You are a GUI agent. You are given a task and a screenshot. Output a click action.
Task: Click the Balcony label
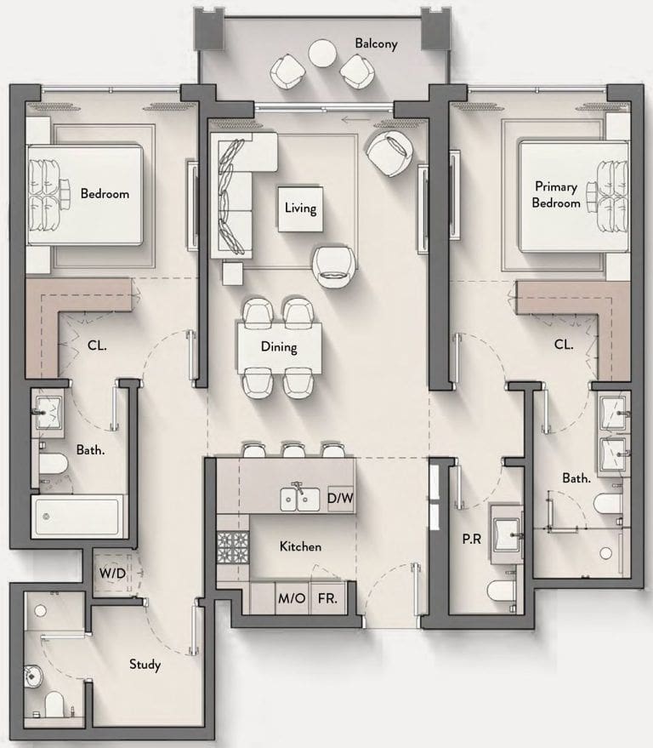pyautogui.click(x=376, y=43)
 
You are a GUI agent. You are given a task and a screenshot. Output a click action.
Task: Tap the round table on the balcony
pyautogui.click(x=323, y=53)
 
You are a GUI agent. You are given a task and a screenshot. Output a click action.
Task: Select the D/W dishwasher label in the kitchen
pyautogui.click(x=340, y=498)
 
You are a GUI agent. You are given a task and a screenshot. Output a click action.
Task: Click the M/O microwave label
pyautogui.click(x=292, y=597)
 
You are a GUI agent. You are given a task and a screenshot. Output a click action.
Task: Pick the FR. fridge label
pyautogui.click(x=327, y=597)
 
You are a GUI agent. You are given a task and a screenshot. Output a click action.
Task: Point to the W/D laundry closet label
pyautogui.click(x=112, y=573)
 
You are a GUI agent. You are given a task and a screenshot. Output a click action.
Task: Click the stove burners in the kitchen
pyautogui.click(x=233, y=546)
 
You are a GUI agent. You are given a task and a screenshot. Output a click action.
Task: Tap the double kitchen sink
pyautogui.click(x=300, y=499)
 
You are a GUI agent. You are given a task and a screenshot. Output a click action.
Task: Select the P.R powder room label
pyautogui.click(x=471, y=539)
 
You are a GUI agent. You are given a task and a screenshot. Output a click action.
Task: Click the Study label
pyautogui.click(x=145, y=665)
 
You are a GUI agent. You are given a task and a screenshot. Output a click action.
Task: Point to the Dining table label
pyautogui.click(x=279, y=347)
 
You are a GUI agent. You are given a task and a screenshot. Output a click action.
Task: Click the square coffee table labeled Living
pyautogui.click(x=300, y=209)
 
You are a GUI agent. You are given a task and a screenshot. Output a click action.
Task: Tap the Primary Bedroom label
pyautogui.click(x=556, y=195)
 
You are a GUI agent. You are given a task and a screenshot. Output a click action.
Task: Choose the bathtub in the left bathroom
pyautogui.click(x=77, y=517)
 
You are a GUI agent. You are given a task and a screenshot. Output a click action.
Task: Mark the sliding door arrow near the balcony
pyautogui.click(x=355, y=120)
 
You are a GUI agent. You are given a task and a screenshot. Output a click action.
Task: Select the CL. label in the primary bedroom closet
pyautogui.click(x=564, y=345)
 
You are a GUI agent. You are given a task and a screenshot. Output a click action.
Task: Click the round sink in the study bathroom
pyautogui.click(x=32, y=676)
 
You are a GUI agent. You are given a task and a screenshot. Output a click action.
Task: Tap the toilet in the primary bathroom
pyautogui.click(x=608, y=504)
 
